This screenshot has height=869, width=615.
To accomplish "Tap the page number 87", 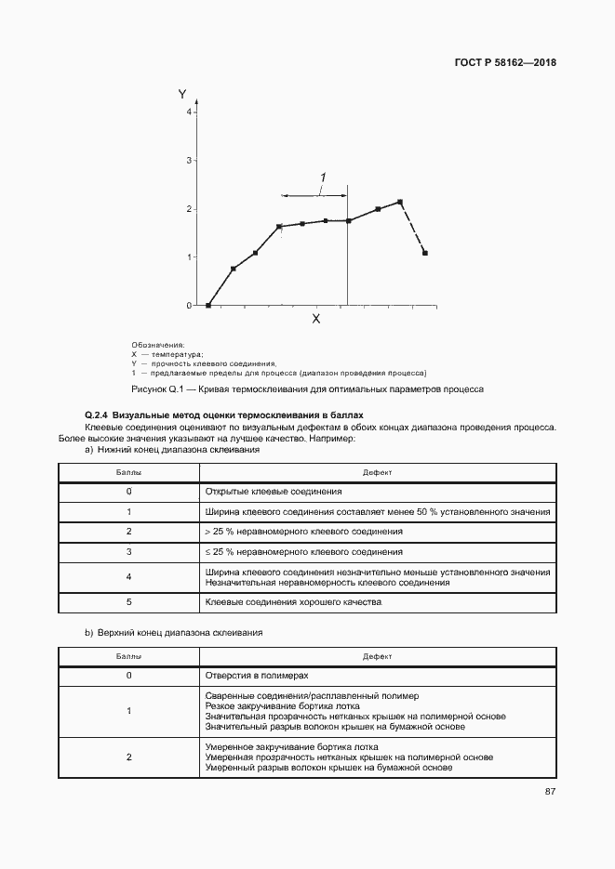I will (551, 792).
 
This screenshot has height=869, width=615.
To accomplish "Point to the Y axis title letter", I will (182, 94).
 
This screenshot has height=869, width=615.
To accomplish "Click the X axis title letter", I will (315, 319).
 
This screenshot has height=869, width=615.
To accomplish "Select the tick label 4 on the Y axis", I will (188, 112).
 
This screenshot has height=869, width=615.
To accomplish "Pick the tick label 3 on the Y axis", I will (188, 161).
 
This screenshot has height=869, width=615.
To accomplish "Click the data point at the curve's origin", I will (208, 305).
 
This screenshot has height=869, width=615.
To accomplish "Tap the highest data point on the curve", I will (400, 202).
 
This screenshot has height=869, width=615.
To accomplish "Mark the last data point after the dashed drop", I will (425, 253).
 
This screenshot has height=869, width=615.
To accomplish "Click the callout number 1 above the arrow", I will (323, 178).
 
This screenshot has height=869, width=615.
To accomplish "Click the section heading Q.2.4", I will (223, 415).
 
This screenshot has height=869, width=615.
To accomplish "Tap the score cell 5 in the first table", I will (128, 602).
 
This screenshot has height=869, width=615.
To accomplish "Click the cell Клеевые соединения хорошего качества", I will (280, 602).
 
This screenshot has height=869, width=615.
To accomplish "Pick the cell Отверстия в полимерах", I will (256, 676).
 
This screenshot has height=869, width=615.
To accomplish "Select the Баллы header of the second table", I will (128, 656).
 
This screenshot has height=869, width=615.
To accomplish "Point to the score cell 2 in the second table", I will (128, 757).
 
